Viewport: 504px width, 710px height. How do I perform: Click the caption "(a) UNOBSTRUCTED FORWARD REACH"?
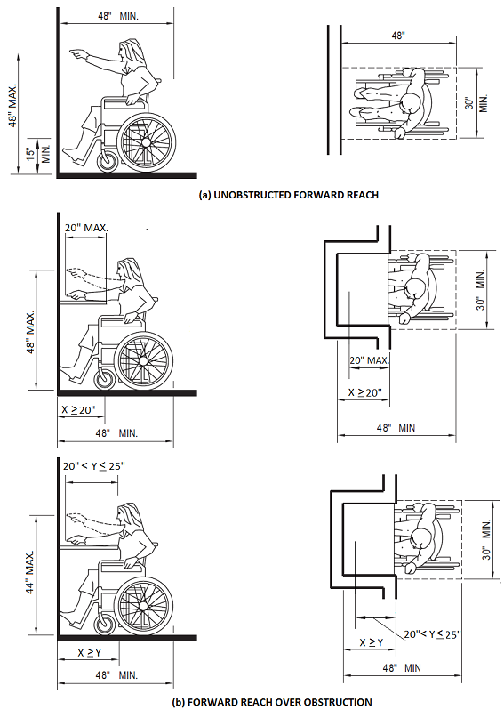pos(289,195)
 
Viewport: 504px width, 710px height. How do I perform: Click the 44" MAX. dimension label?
pos(29,572)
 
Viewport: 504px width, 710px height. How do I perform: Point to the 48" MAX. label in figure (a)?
pos(12,105)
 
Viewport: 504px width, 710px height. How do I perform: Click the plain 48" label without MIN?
pos(397,36)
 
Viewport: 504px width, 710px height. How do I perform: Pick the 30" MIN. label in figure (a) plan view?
pos(476,103)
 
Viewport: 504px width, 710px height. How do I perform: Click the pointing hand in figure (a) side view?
pos(77,55)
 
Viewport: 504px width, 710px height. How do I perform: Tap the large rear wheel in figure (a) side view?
pos(147,141)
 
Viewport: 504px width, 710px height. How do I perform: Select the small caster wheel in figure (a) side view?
pos(108,161)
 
